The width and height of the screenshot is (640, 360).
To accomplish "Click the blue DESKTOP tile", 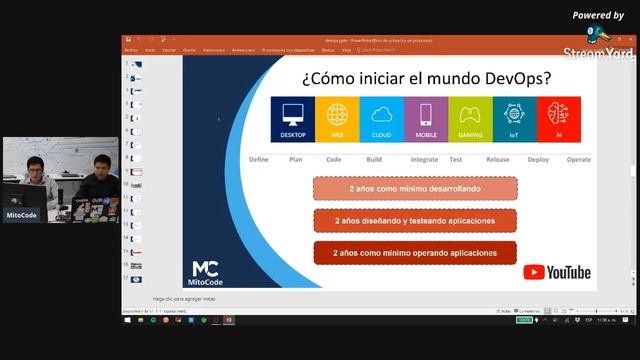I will coord(293,119).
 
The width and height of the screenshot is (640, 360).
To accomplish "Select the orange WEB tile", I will coord(337,119).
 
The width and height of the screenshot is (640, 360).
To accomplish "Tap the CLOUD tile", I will coord(381,119).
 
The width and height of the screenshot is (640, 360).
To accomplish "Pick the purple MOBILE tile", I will coord(425,119).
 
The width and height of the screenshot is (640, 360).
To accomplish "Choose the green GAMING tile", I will coord(470,119).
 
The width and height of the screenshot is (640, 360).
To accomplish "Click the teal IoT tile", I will coord(514,119).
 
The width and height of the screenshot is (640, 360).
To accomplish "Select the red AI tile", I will coord(558,119).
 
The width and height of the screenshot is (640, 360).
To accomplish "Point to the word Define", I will coord(259,160).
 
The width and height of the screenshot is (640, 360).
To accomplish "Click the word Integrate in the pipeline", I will coord(424,160).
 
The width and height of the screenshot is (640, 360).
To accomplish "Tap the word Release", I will coord(498,160).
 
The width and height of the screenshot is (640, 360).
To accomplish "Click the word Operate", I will coord(579,160).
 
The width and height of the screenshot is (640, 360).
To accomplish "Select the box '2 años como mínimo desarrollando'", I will coord(415,189).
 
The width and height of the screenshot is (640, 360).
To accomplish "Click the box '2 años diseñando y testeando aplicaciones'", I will coord(415,221).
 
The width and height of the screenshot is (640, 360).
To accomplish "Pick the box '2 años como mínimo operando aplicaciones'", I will coord(415,253).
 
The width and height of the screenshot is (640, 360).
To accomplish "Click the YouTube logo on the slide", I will coord(557,272).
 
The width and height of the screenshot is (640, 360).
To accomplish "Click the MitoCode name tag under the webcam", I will coord(22,214).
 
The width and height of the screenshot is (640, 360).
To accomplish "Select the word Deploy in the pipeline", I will coord(538,160).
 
